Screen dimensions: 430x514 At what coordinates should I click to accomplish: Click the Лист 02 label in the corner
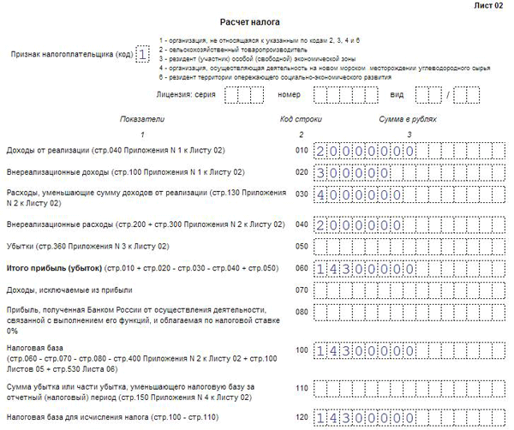point(489,6)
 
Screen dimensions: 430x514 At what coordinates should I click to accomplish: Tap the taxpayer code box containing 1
point(142,54)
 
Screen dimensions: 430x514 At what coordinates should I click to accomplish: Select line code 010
point(300,151)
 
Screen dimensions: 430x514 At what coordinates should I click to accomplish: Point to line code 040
point(300,224)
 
